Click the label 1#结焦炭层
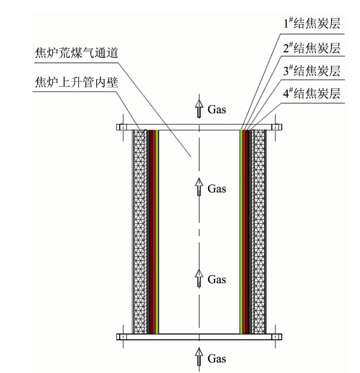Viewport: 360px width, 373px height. click(x=312, y=23)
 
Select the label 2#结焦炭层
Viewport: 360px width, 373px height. click(x=312, y=48)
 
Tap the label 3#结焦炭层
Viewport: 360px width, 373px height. click(x=312, y=71)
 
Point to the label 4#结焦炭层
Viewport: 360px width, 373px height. click(x=312, y=93)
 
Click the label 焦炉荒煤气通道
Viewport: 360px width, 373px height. click(x=76, y=53)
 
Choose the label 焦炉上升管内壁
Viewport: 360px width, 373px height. click(x=76, y=82)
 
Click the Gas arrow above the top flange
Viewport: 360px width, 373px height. click(x=199, y=108)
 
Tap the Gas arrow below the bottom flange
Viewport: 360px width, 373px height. click(x=199, y=357)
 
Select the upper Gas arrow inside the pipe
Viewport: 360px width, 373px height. click(x=199, y=187)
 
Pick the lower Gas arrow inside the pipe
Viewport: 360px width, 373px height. click(x=199, y=278)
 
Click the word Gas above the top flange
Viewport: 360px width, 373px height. click(x=217, y=109)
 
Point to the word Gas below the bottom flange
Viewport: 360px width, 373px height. click(x=217, y=359)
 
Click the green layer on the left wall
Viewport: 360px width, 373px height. click(x=157, y=232)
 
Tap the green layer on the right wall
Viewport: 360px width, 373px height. click(x=241, y=232)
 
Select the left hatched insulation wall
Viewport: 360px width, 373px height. click(x=140, y=232)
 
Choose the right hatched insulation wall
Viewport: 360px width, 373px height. click(x=259, y=232)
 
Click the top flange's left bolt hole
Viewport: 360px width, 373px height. click(x=123, y=127)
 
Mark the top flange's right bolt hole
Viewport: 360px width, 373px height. click(x=275, y=127)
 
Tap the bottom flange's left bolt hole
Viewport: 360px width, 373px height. click(x=123, y=337)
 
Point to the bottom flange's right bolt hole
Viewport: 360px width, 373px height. click(x=275, y=337)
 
